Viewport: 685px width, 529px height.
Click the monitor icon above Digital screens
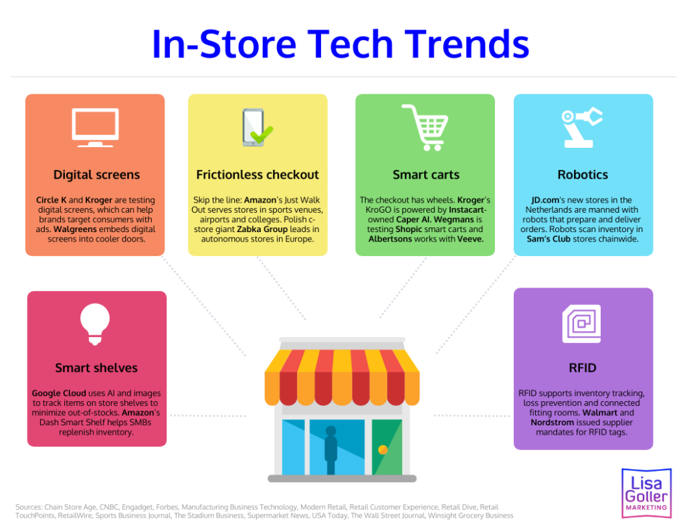coord(95,128)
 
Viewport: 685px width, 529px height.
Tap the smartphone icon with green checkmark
coord(256,128)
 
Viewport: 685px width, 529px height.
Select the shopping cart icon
coord(425,128)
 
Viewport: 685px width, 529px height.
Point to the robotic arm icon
coord(582,127)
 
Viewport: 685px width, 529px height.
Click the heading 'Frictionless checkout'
coord(258,175)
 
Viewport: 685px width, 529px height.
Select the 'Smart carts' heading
coord(425,175)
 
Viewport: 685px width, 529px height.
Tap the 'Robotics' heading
coord(583,175)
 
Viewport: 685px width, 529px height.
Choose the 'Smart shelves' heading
coord(96,368)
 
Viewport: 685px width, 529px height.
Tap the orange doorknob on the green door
coord(383,449)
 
